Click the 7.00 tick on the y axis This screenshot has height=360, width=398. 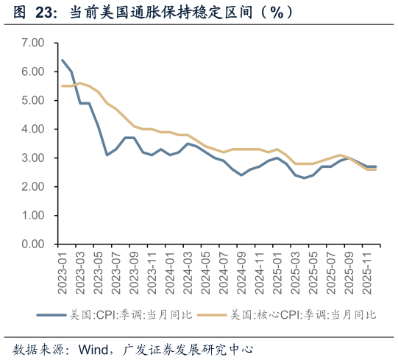tap(33, 43)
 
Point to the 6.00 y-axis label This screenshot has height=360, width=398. tap(33, 71)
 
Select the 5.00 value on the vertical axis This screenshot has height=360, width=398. tap(33, 100)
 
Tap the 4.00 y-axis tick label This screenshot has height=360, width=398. tap(33, 129)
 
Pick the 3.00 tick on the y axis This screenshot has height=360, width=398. tap(33, 158)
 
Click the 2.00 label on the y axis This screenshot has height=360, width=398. tap(33, 186)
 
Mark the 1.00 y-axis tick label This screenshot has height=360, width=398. tap(33, 215)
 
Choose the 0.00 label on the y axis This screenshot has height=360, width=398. tap(33, 244)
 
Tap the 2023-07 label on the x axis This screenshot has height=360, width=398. tap(115, 272)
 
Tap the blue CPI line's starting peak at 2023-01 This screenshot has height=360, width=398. tap(62, 60)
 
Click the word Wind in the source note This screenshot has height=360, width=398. tap(99, 347)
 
